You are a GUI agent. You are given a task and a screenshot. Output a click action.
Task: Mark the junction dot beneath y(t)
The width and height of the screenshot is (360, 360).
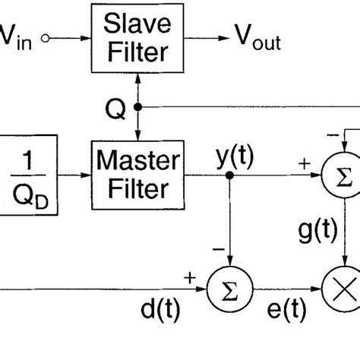pyautogui.click(x=229, y=175)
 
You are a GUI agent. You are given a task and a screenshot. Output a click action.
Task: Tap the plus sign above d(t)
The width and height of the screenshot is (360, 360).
pyautogui.click(x=189, y=279)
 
